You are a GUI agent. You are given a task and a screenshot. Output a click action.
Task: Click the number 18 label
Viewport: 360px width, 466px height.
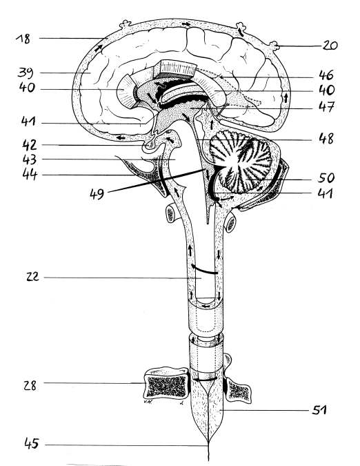click(23, 39)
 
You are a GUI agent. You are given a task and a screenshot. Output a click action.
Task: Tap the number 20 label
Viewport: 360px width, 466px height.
click(330, 46)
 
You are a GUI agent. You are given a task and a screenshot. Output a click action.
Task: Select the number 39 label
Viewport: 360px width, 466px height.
click(26, 72)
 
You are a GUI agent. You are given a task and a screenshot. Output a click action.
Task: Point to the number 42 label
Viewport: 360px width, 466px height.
click(30, 145)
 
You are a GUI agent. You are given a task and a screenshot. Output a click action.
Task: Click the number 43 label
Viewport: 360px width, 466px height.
click(30, 159)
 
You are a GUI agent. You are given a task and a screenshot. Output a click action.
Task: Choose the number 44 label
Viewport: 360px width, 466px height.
click(30, 175)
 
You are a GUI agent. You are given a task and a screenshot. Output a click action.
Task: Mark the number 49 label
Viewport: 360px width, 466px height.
click(97, 194)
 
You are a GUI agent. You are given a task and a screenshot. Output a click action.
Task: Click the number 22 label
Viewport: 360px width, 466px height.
click(32, 277)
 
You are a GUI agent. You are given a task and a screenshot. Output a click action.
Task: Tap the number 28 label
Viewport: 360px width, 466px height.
click(30, 385)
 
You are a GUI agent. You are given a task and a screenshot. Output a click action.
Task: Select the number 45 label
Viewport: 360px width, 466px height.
click(32, 443)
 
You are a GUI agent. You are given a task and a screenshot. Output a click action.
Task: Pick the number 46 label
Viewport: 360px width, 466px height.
click(326, 75)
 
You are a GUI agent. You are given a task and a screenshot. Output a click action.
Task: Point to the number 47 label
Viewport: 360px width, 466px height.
click(327, 107)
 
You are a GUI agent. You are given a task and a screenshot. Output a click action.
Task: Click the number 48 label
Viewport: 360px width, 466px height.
click(326, 139)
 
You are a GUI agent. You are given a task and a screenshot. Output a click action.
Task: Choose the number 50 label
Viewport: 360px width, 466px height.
click(326, 177)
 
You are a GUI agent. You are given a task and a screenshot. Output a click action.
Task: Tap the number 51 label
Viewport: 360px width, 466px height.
click(319, 410)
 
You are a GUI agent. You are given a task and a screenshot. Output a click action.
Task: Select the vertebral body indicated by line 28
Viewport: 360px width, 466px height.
click(166, 384)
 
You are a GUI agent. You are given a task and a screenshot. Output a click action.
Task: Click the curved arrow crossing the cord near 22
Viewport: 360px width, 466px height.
click(205, 269)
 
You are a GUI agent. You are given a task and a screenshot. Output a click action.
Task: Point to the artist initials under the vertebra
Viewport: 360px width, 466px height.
click(147, 402)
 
